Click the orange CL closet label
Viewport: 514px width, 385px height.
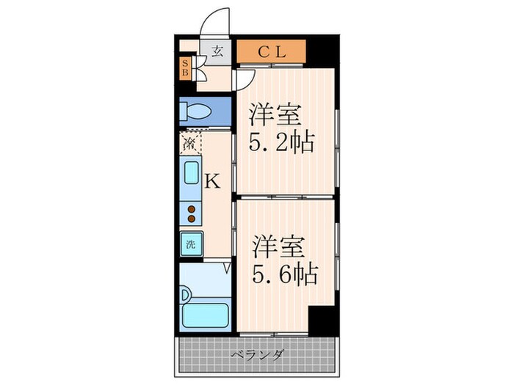coord(271,51)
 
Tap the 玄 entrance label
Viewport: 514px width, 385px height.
coord(217,51)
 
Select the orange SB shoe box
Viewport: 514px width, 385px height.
coord(185,69)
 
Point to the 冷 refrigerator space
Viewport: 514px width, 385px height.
coord(189,143)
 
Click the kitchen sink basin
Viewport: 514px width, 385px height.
coord(191,175)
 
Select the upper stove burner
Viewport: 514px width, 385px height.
coord(191,208)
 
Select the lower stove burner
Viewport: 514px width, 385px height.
coord(191,218)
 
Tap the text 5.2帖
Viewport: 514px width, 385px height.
coord(283,142)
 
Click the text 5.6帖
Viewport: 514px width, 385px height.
coord(286,274)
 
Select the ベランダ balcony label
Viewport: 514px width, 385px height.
coord(257,356)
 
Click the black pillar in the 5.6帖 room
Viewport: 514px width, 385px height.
coord(321,320)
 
